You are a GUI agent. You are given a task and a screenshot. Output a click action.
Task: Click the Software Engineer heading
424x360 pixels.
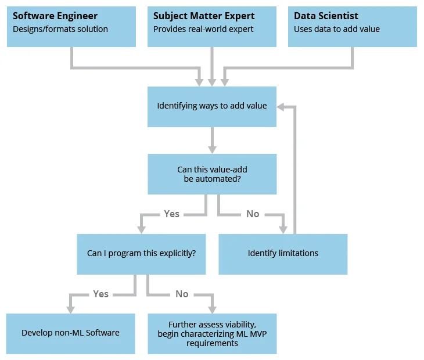coord(55,16)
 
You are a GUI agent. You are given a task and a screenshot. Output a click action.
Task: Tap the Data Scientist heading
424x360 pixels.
coord(326,16)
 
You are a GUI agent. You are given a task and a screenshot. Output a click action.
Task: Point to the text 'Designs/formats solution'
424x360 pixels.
coord(60,29)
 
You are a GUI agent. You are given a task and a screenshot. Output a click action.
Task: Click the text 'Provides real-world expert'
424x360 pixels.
coord(203,29)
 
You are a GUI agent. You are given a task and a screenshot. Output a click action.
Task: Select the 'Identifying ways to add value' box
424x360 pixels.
coord(212,106)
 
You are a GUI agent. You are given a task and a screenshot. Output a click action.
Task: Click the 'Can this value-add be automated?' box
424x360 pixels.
coord(212,174)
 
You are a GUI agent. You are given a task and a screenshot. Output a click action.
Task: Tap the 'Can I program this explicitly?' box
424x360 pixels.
coord(141,254)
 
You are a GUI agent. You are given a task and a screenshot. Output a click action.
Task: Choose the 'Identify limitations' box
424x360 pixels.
coord(283,254)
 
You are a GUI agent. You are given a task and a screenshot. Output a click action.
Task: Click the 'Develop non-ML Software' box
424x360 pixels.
coord(70,333)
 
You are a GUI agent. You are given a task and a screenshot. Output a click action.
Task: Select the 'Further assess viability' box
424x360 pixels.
coord(212,334)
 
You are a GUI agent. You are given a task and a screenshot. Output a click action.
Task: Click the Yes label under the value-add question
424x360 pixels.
coord(171,214)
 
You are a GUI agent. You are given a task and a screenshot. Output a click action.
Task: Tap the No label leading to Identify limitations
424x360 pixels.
coord(253,214)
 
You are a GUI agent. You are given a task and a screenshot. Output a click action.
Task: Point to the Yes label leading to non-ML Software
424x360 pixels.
coord(100,294)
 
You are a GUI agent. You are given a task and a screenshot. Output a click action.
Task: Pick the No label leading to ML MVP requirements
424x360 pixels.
coord(182,294)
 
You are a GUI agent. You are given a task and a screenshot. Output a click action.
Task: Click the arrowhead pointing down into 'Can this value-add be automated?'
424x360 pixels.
coord(212,149)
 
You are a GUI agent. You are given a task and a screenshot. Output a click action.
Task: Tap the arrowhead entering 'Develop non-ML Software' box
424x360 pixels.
coord(70,308)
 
